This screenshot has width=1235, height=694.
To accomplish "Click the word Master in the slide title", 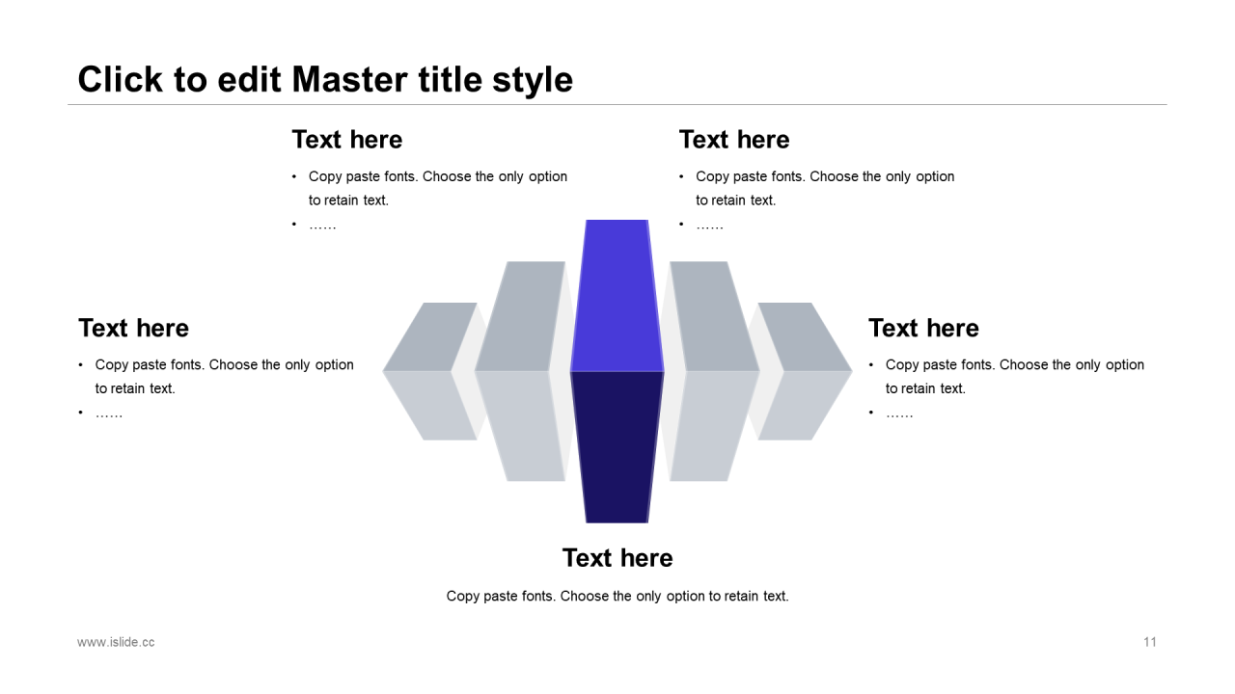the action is point(350,80).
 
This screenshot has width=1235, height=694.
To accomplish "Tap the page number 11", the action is point(1149,642).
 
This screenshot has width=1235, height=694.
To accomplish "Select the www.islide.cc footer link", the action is point(116,642).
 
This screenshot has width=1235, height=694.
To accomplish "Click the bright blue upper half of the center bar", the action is point(617,296).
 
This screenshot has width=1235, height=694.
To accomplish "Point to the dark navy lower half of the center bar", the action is point(617,447).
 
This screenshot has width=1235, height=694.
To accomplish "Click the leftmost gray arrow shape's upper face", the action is point(430,336).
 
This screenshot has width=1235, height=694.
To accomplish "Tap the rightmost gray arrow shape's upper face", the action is point(805,336).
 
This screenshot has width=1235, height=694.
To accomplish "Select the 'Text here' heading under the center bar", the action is point(617,558).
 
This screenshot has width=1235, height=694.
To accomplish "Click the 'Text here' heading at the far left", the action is point(133,328).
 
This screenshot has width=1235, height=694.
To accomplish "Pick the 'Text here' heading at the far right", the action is point(924,328).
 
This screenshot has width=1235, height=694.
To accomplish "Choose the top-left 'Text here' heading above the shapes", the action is point(347,140).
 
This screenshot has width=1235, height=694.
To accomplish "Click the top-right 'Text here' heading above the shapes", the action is point(734,140).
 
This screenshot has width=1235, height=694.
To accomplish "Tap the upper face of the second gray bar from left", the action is point(520,316).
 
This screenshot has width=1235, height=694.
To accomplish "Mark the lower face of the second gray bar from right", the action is point(715,426).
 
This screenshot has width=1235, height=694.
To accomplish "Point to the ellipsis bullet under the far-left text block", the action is point(109,414).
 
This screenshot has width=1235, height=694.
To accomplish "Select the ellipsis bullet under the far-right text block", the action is point(900,414).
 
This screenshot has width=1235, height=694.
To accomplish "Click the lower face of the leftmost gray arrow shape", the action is point(430,406).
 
